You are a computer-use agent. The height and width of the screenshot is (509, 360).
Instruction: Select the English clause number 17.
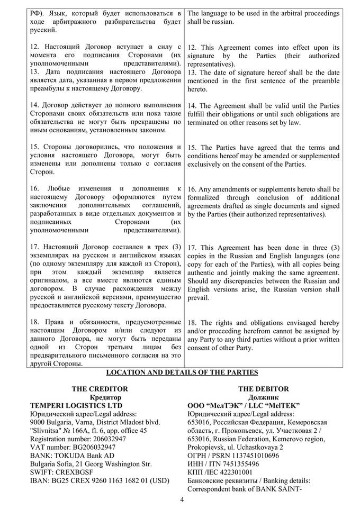193,247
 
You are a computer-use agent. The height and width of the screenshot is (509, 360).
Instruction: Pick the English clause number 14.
193,105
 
